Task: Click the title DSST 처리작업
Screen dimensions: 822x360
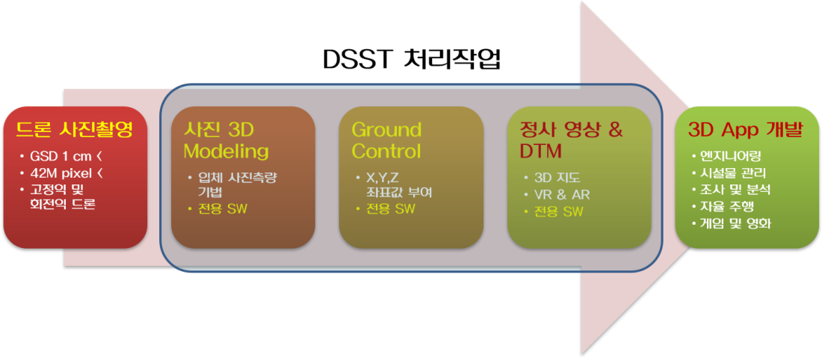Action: pos(411,60)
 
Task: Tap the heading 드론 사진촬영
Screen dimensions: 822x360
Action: pos(75,129)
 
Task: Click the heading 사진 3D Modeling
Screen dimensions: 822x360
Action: pos(226,140)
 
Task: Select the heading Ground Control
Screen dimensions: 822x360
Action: pos(386,140)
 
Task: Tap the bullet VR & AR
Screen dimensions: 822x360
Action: pos(562,194)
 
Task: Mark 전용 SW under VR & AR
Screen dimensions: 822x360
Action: pos(559,211)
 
